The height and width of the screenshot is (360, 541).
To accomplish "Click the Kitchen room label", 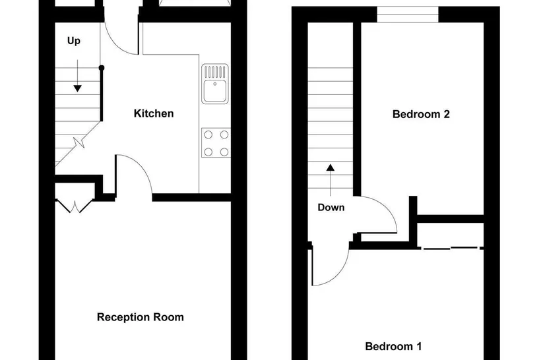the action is pos(154,113).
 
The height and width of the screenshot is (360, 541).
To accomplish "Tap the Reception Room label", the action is pos(140,317).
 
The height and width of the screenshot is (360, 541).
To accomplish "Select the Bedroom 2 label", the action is pos(421,114).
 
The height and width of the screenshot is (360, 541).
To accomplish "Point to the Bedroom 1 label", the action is pos(393,346).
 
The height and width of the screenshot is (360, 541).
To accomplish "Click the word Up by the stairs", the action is pos(74,41).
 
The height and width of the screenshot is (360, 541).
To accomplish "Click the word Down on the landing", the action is pos(331,207).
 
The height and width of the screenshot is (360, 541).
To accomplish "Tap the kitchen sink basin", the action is pos(214,91).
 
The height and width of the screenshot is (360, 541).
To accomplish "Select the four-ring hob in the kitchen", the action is pos(216,143).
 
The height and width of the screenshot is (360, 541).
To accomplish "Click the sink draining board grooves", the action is pos(214,72).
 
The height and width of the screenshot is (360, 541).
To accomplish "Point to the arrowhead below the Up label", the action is pos(78,88).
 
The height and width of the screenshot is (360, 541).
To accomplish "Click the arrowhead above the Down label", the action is pos(331,167).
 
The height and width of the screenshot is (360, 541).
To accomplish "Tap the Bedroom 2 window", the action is pos(408,15).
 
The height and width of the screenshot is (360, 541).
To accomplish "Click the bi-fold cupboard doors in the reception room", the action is pos(75,206).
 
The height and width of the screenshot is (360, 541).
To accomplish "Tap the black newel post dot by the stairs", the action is pos(102,68).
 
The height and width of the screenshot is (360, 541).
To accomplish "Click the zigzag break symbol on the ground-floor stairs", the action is pos(79,142).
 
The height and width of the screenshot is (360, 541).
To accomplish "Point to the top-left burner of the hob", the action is pos(208,135).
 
